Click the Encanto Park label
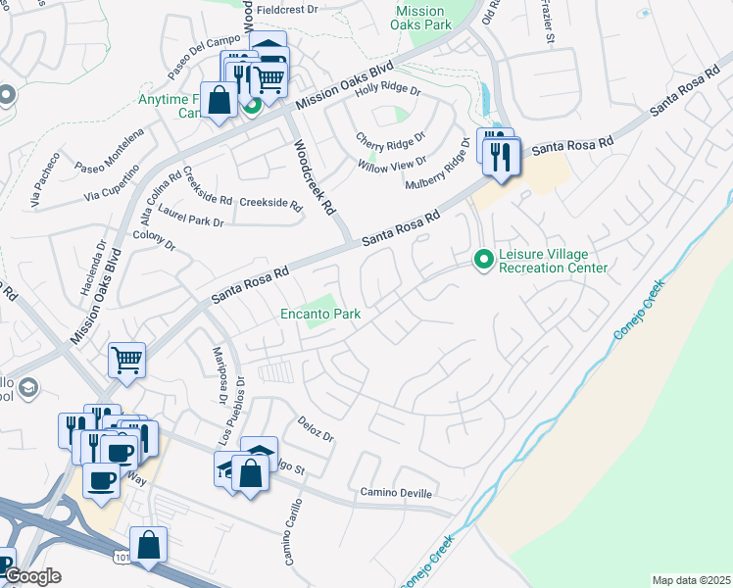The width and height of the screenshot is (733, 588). (x=320, y=315)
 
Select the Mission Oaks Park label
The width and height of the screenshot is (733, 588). (x=419, y=18)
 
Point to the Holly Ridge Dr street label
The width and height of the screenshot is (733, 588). (x=387, y=89)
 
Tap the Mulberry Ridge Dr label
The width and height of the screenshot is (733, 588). (x=438, y=165)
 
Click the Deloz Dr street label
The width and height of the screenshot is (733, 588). (x=316, y=427)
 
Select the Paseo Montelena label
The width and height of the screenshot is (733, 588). (x=110, y=150)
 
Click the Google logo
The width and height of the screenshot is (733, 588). (x=32, y=576)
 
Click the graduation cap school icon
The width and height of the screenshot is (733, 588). (x=28, y=388)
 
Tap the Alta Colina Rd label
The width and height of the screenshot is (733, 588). (x=161, y=188)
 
